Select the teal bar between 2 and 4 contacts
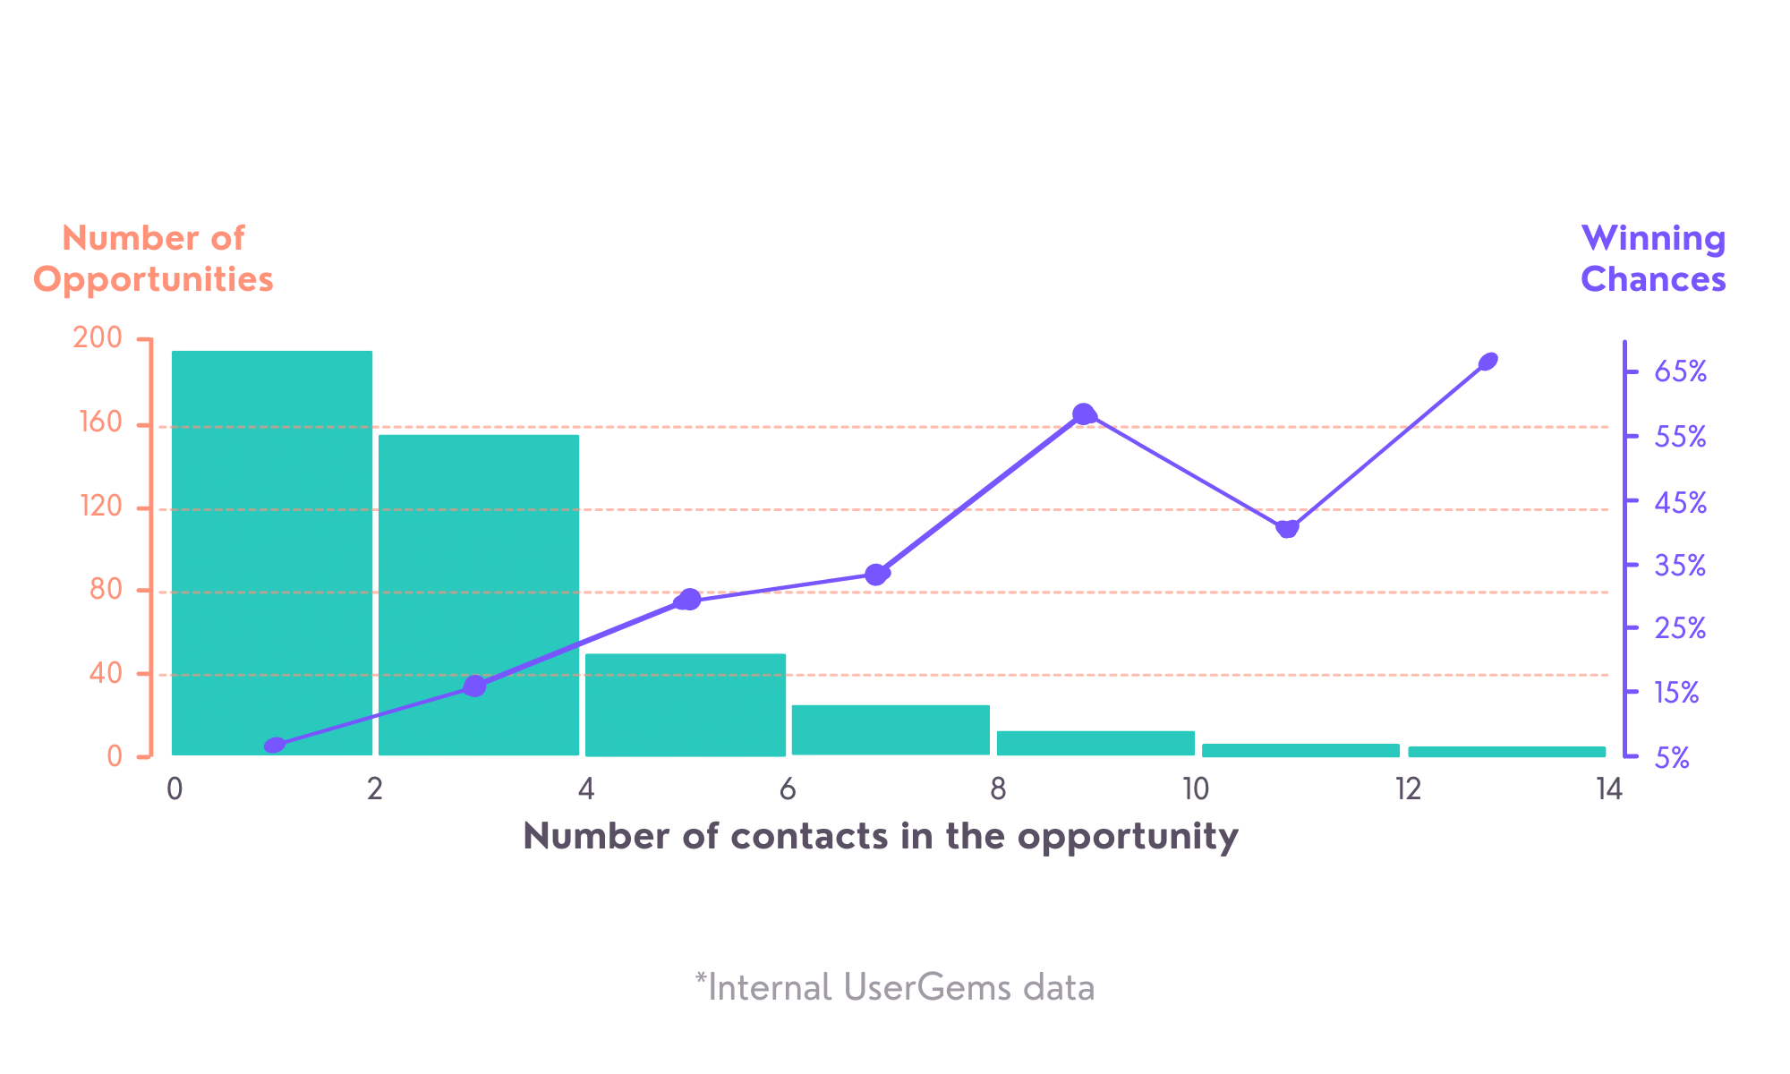click(x=479, y=594)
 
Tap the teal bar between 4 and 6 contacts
click(x=686, y=704)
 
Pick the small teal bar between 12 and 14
click(x=1506, y=752)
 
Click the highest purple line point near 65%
click(x=1488, y=362)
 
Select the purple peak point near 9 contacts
click(x=1084, y=414)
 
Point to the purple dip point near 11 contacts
click(x=1287, y=529)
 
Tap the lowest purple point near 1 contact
click(x=275, y=746)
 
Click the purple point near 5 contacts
click(x=688, y=600)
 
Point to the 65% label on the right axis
click(x=1680, y=372)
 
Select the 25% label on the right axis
click(x=1680, y=628)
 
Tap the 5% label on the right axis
click(x=1672, y=759)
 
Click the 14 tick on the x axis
click(x=1608, y=789)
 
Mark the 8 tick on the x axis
click(x=998, y=789)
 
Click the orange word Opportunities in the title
click(x=153, y=279)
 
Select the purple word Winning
click(x=1653, y=238)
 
